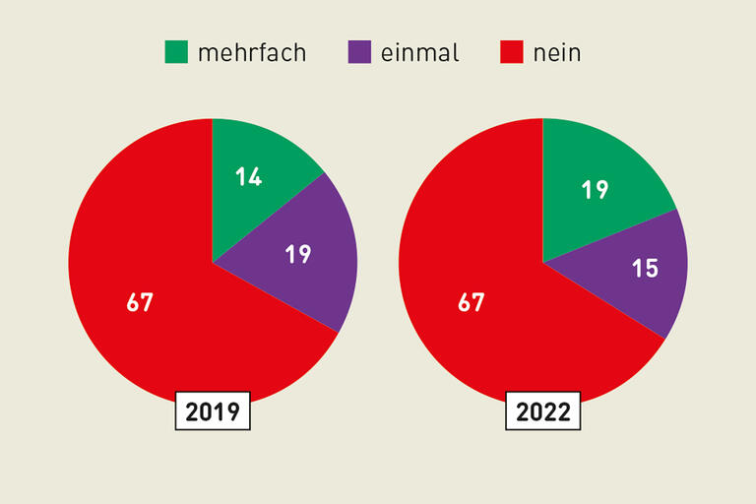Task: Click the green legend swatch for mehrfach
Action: pyautogui.click(x=176, y=52)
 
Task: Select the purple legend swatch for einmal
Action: pyautogui.click(x=360, y=52)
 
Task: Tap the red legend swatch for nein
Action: pyautogui.click(x=512, y=52)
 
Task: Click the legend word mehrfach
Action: pyautogui.click(x=252, y=53)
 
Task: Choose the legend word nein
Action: pyautogui.click(x=557, y=53)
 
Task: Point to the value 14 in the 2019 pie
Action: pyautogui.click(x=248, y=178)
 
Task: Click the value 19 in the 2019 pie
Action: pyautogui.click(x=298, y=254)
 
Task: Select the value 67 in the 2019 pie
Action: pyautogui.click(x=140, y=302)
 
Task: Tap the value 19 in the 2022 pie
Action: pyautogui.click(x=595, y=190)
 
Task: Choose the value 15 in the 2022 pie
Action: pyautogui.click(x=645, y=268)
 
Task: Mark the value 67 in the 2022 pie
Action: pyautogui.click(x=472, y=302)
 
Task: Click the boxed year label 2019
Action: pyautogui.click(x=213, y=411)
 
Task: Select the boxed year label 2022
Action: pyautogui.click(x=543, y=411)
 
